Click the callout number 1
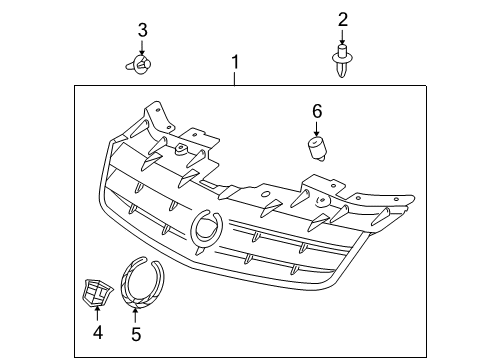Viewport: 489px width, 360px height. pos(235,66)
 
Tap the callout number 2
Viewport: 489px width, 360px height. pos(342,19)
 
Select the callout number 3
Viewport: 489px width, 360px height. pos(142,29)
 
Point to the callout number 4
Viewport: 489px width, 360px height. pos(97,331)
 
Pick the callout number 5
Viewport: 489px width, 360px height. pos(136,331)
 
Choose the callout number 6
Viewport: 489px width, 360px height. pos(317,112)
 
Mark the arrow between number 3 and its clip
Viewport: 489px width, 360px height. pos(142,47)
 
